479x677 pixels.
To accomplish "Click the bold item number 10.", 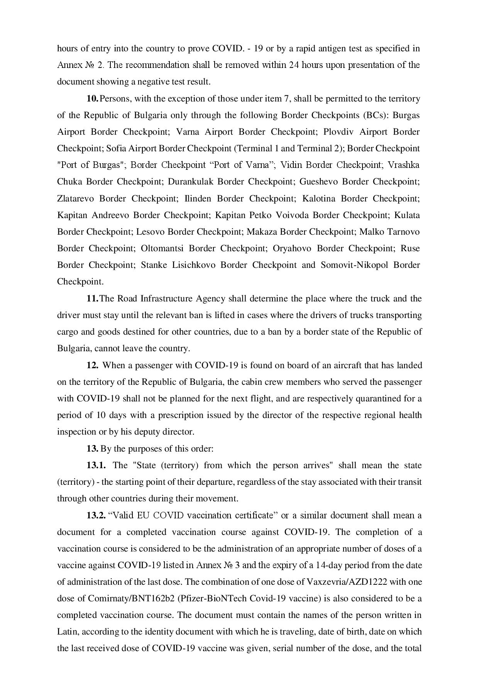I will click(x=93, y=99).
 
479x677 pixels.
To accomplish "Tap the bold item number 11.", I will click(x=93, y=299).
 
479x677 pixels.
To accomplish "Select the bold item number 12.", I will click(x=93, y=365).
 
